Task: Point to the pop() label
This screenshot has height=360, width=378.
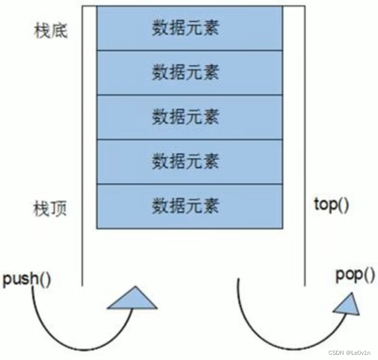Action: pos(355,275)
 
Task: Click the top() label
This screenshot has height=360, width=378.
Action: pos(332,204)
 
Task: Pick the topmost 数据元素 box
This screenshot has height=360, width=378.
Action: pos(189,28)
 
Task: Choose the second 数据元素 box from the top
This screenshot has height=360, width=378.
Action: pos(189,73)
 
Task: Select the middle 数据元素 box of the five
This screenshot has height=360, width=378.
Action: pos(189,117)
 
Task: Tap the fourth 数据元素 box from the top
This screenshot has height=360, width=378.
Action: pos(189,161)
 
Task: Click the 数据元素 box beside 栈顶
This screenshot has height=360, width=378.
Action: pos(189,206)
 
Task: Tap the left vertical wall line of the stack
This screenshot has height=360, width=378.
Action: pos(83,155)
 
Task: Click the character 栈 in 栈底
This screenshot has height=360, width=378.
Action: pos(41,31)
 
